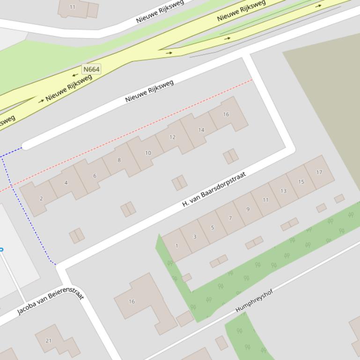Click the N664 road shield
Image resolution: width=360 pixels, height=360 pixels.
pos(91,69)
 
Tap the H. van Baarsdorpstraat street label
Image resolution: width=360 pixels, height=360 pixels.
pos(213,190)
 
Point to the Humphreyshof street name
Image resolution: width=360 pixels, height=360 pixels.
pos(254,301)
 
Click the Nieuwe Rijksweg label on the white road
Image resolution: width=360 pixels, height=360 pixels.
pos(149,91)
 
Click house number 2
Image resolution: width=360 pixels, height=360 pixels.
pos(41,199)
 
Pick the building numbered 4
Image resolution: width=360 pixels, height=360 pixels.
pos(66,183)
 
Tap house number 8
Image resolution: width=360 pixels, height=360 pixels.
pos(119,160)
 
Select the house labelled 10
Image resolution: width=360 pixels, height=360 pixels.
pos(148,153)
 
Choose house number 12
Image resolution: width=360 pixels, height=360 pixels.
pos(172,137)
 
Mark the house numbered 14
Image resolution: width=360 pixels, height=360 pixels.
pos(201,130)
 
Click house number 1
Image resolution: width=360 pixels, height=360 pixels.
pos(176,245)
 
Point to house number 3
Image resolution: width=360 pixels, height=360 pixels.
pos(195,237)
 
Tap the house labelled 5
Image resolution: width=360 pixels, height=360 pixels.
pos(212,228)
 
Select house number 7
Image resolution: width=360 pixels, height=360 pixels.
pos(230,218)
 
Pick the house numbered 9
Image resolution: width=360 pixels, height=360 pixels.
pos(248,209)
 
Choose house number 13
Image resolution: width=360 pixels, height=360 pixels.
pos(283,191)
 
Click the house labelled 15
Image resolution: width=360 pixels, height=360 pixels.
pos(301,182)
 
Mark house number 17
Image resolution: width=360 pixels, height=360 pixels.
pos(319,172)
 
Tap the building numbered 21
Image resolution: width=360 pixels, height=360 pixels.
pos(48,340)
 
